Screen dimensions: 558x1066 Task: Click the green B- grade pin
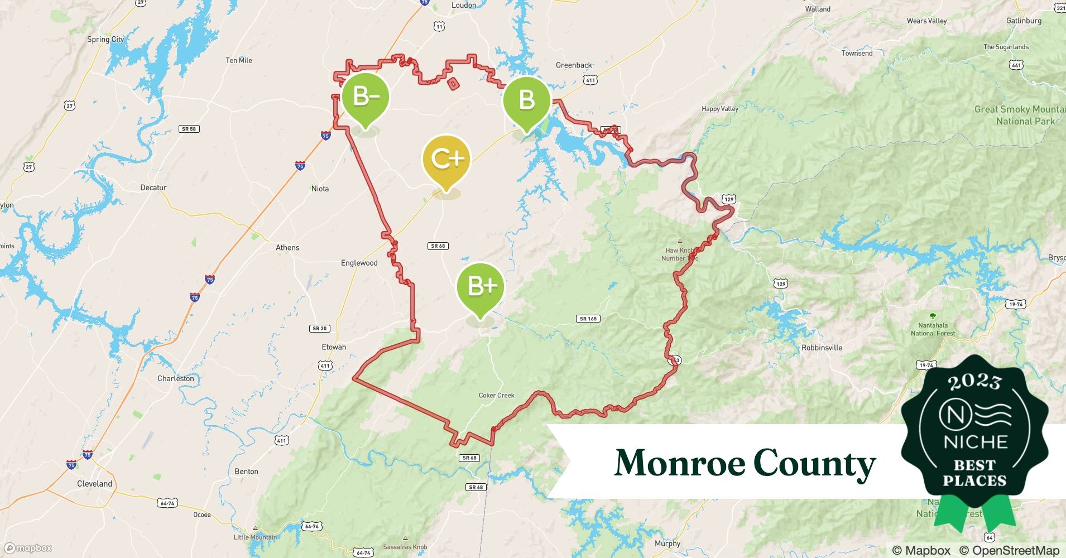click(366, 98)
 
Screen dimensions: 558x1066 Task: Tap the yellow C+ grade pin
click(446, 160)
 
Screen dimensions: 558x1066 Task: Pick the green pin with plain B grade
click(526, 100)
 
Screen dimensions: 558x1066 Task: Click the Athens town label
click(287, 248)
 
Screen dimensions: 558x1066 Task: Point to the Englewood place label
click(359, 263)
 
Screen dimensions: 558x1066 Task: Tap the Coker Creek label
click(497, 396)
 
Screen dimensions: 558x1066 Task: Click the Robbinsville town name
click(822, 348)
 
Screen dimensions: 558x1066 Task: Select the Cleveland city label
click(94, 484)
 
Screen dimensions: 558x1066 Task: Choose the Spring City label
click(105, 40)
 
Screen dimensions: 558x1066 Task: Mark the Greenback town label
click(574, 65)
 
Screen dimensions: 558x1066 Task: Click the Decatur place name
click(153, 187)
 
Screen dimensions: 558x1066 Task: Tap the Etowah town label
click(334, 347)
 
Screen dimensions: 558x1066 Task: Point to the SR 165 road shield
click(588, 319)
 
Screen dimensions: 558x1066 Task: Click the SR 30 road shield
click(320, 329)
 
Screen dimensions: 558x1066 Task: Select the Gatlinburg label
click(1024, 21)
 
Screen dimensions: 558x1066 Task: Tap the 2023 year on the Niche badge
click(974, 381)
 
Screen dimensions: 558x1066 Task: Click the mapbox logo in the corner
click(28, 548)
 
